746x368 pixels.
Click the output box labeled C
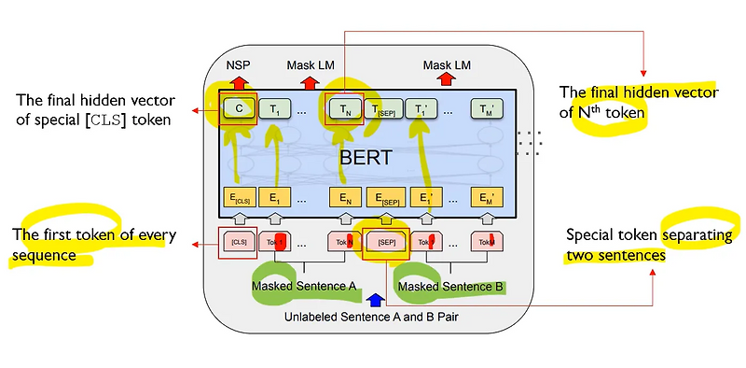240,107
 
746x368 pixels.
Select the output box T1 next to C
273,108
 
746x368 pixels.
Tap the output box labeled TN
344,108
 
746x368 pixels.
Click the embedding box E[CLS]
240,197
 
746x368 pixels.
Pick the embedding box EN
344,197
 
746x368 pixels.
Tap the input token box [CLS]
238,242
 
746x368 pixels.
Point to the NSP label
239,66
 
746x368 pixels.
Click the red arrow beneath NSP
239,82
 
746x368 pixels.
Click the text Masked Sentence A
303,284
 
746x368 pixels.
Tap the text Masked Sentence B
450,284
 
